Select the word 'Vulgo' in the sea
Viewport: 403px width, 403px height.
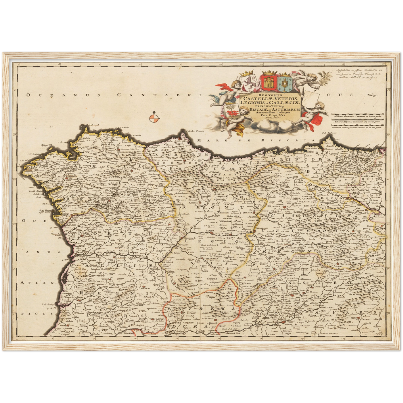point(372,95)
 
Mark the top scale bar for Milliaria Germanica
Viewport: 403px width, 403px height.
point(358,114)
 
